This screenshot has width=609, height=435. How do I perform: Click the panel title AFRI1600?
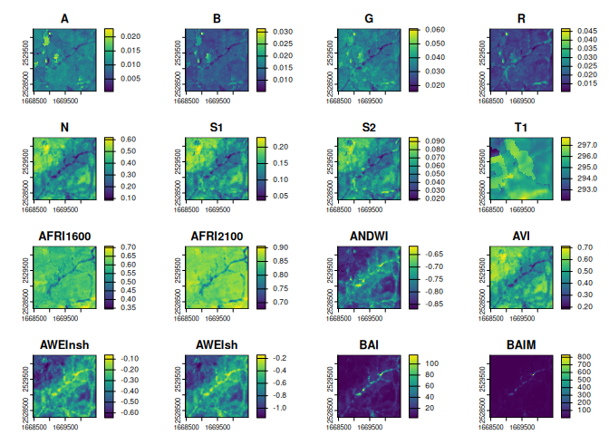[63, 237]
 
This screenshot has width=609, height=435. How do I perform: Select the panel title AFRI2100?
[216, 237]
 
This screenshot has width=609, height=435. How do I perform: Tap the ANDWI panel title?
[368, 237]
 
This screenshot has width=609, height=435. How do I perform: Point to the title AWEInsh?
[63, 345]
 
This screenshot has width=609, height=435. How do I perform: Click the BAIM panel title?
[520, 345]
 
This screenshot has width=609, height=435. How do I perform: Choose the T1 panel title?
[520, 128]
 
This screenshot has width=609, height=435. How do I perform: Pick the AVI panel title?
[520, 237]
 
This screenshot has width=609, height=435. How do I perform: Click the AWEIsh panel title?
[216, 345]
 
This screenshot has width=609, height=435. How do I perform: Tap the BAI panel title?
[368, 345]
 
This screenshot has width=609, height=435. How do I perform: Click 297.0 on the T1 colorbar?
[585, 143]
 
